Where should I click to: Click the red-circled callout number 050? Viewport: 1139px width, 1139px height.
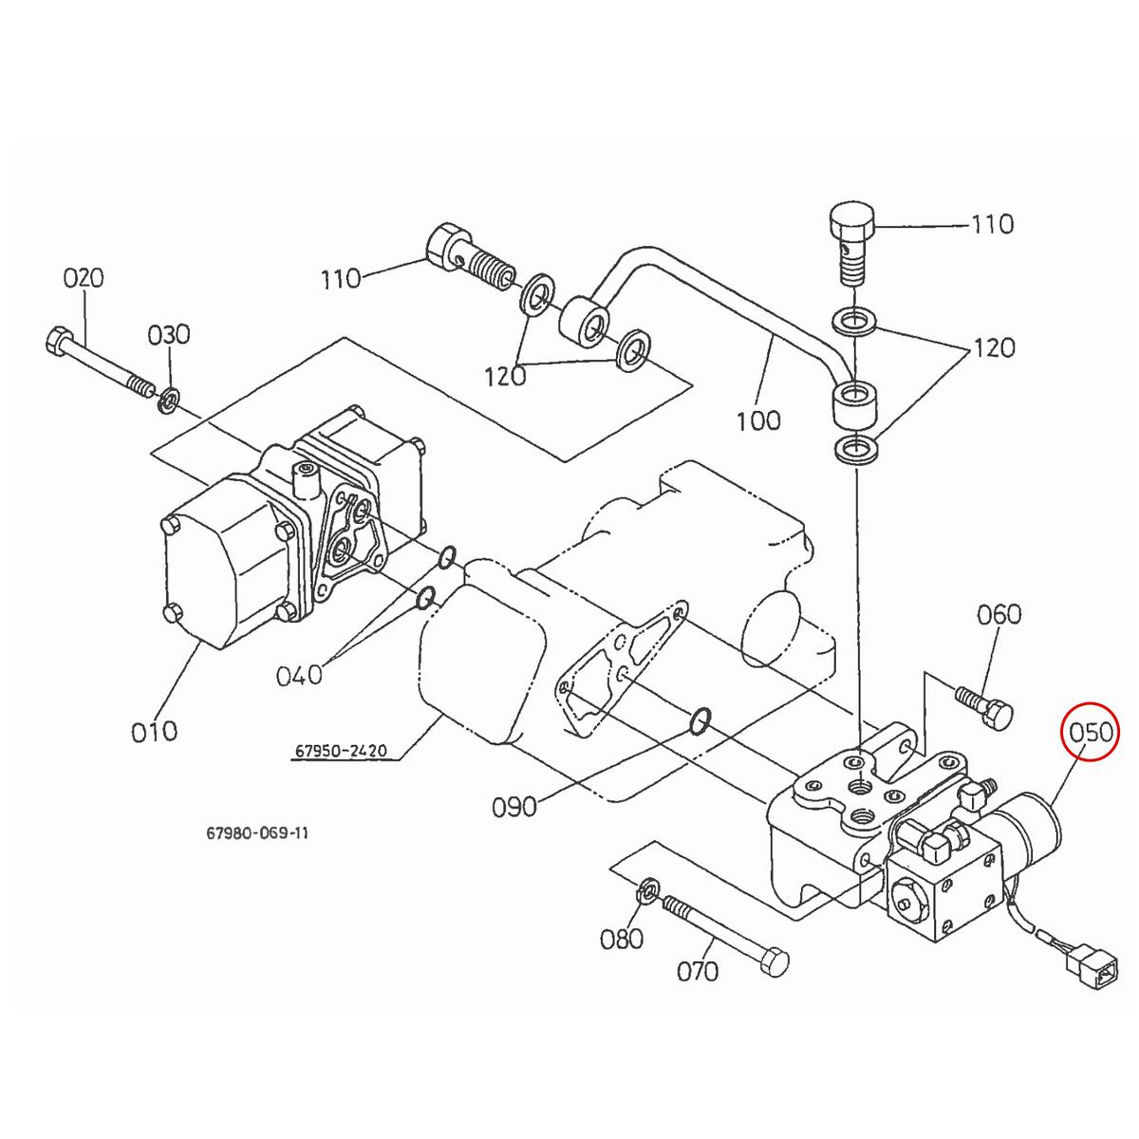pos(1091,733)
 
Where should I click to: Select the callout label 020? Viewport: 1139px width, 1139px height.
pos(84,278)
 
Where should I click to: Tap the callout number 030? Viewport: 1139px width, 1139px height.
pos(168,334)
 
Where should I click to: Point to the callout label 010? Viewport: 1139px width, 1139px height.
pos(154,731)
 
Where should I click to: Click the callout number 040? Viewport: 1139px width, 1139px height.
pos(299,675)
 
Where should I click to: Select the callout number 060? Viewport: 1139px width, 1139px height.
pos(999,614)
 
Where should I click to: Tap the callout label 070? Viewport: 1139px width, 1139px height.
pos(698,971)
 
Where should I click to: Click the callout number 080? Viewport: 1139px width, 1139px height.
pos(622,939)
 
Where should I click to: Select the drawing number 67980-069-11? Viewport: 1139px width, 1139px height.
pos(256,833)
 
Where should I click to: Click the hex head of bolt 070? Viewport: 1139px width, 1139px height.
pos(775,962)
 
